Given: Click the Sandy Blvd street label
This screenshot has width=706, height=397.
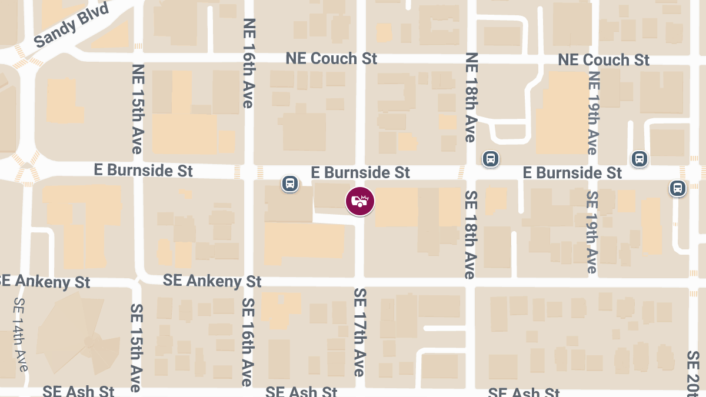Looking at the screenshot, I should click(72, 26).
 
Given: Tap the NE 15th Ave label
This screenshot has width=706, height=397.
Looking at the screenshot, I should click(137, 109).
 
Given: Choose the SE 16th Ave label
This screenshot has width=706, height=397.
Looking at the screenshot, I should click(248, 342).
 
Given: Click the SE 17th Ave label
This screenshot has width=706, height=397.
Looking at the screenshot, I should click(359, 332).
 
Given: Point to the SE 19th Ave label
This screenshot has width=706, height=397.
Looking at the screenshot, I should click(592, 232).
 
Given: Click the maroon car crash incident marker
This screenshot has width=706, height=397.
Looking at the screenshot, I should click(359, 201).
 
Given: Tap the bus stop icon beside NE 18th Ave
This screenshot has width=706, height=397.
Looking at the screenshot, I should click(490, 158).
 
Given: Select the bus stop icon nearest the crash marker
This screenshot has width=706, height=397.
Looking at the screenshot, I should click(289, 184).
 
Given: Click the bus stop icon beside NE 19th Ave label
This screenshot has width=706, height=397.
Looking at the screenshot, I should click(640, 158).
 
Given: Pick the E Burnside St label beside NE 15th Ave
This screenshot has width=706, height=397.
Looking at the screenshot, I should click(144, 171).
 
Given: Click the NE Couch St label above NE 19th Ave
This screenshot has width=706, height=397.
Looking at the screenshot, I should click(604, 60).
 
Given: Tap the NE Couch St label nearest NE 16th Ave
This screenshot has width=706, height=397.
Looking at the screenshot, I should click(331, 59).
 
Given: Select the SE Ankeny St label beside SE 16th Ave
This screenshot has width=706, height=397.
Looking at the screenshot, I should click(212, 281).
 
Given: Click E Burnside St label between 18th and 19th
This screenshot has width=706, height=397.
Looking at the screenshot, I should click(572, 173).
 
